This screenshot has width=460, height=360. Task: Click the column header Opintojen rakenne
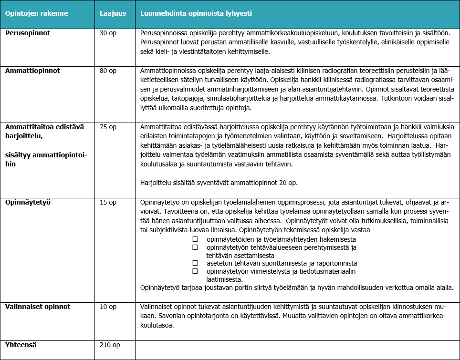[36, 13]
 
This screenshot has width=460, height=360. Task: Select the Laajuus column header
[113, 13]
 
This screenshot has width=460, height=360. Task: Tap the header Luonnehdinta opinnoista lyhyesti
[196, 13]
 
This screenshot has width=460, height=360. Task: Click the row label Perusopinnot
[28, 34]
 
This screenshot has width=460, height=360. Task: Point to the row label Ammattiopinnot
[32, 71]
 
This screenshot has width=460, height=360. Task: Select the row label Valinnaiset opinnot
[38, 307]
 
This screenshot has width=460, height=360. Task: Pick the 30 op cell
[108, 34]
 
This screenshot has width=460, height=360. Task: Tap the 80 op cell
[108, 71]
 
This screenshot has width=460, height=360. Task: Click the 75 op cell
[108, 127]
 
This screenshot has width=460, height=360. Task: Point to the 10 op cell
[108, 307]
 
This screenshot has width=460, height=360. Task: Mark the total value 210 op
[110, 344]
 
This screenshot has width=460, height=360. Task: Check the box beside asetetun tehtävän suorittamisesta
[195, 263]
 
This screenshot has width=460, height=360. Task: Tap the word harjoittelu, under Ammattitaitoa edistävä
[23, 136]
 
